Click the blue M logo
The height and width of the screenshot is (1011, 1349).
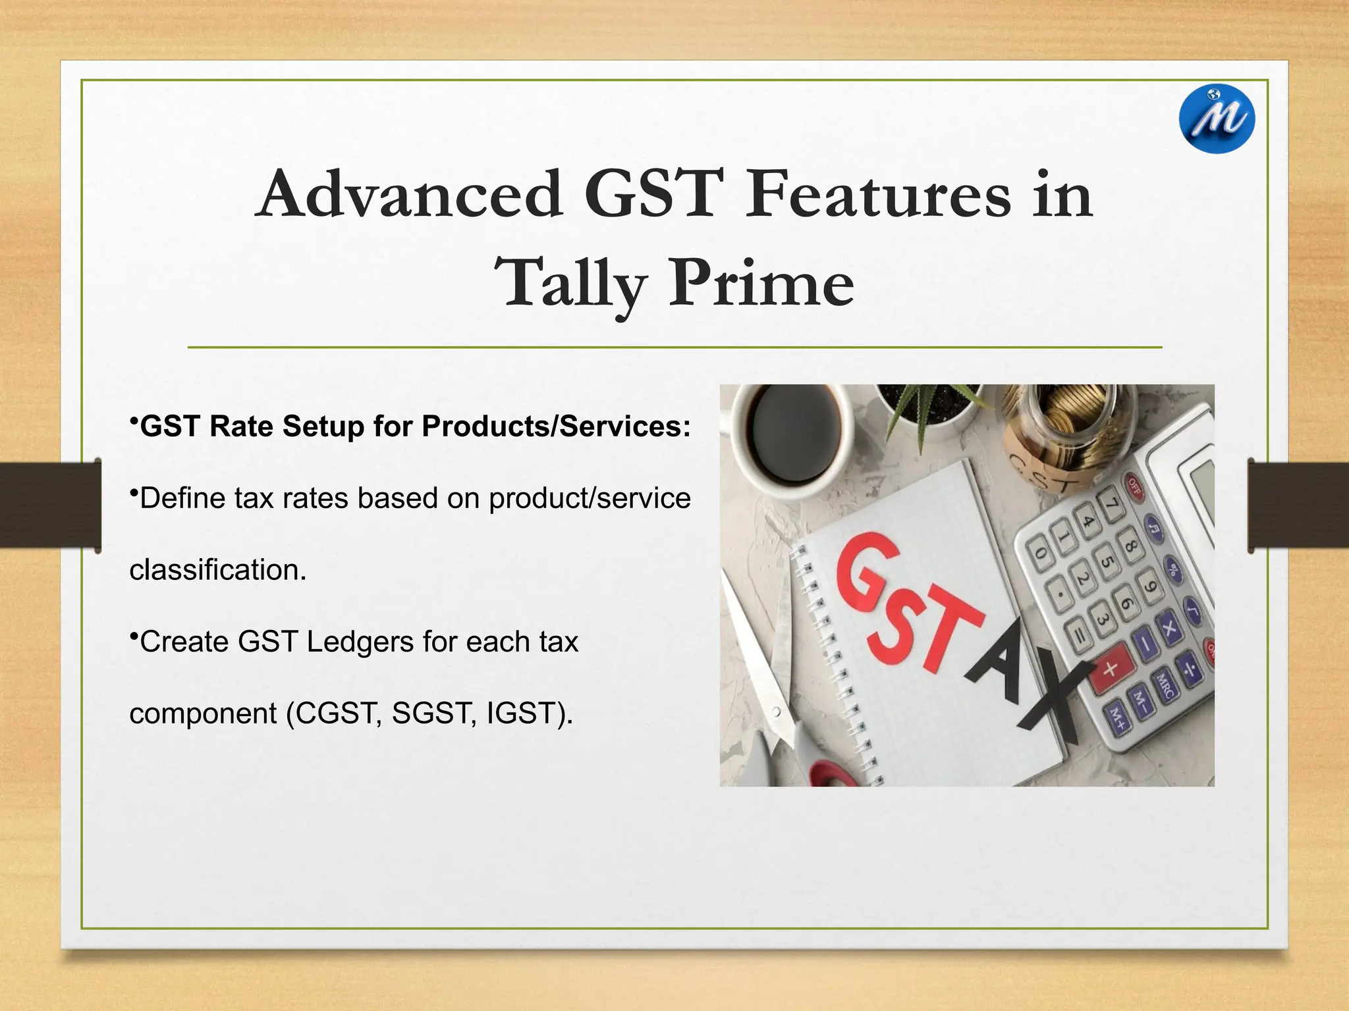(1217, 119)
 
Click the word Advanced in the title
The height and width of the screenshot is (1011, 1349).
(409, 194)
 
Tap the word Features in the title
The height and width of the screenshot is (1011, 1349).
(877, 194)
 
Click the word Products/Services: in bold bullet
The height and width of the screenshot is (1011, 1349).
(556, 427)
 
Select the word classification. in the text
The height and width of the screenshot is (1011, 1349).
(218, 570)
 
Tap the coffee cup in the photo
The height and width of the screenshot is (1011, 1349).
(790, 434)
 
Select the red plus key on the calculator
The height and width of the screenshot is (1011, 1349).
(1111, 669)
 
